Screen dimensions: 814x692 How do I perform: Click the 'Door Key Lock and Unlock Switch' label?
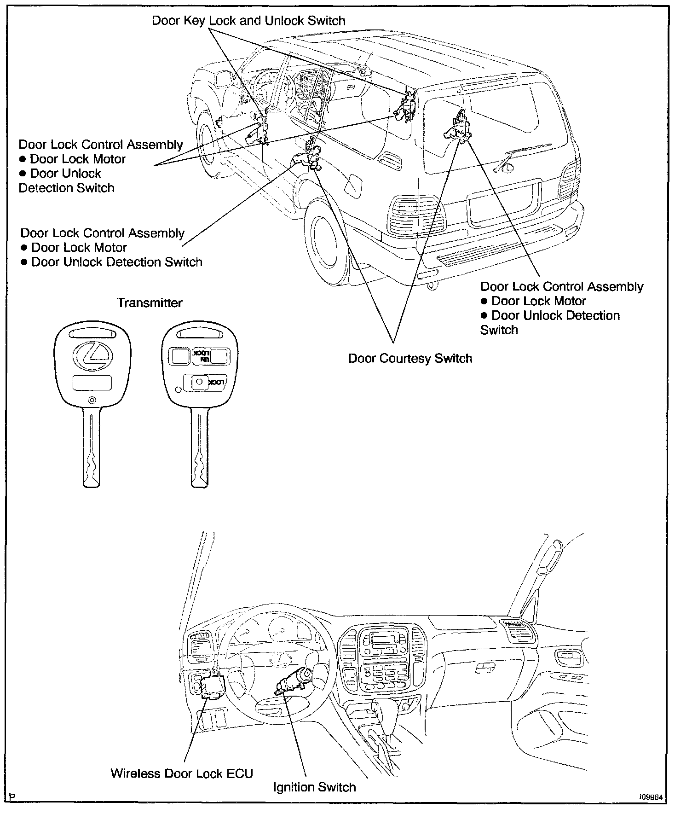248,21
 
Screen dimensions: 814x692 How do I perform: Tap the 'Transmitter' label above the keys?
150,302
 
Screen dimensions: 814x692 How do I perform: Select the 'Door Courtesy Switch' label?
410,358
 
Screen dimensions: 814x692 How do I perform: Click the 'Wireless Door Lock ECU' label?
182,773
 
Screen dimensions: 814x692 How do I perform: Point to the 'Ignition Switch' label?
314,787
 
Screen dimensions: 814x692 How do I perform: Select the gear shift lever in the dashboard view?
380,714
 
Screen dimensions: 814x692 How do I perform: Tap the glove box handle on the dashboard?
483,666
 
